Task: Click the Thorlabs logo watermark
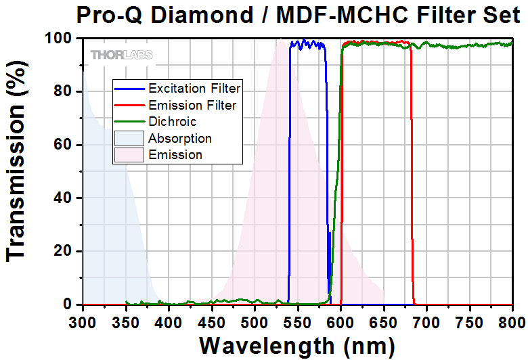122,54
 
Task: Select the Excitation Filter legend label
194,89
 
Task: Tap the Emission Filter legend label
192,105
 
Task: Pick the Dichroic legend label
173,122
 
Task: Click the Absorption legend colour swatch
129,138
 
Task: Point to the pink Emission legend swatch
129,154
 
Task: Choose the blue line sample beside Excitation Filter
129,89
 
